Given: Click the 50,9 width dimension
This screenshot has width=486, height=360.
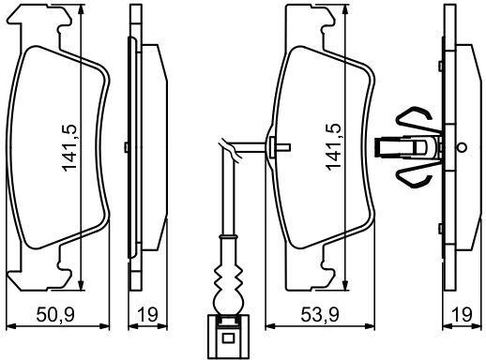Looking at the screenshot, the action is point(55,314).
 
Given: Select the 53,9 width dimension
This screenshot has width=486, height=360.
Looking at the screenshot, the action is point(320,314).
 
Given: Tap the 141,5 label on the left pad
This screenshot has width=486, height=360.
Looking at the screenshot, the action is point(69,147).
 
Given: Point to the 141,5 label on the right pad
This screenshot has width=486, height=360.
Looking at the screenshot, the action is point(333,147).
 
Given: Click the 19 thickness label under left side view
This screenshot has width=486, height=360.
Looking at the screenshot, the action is point(147,314).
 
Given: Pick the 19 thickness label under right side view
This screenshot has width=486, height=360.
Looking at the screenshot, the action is point(462,314).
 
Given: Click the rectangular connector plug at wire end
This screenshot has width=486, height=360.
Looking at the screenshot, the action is point(228,337).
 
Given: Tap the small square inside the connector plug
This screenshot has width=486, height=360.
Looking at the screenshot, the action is point(228,338).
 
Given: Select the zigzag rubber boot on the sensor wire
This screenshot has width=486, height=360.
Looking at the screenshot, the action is point(228,277).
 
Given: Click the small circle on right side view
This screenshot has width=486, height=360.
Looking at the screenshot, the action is point(462,147).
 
